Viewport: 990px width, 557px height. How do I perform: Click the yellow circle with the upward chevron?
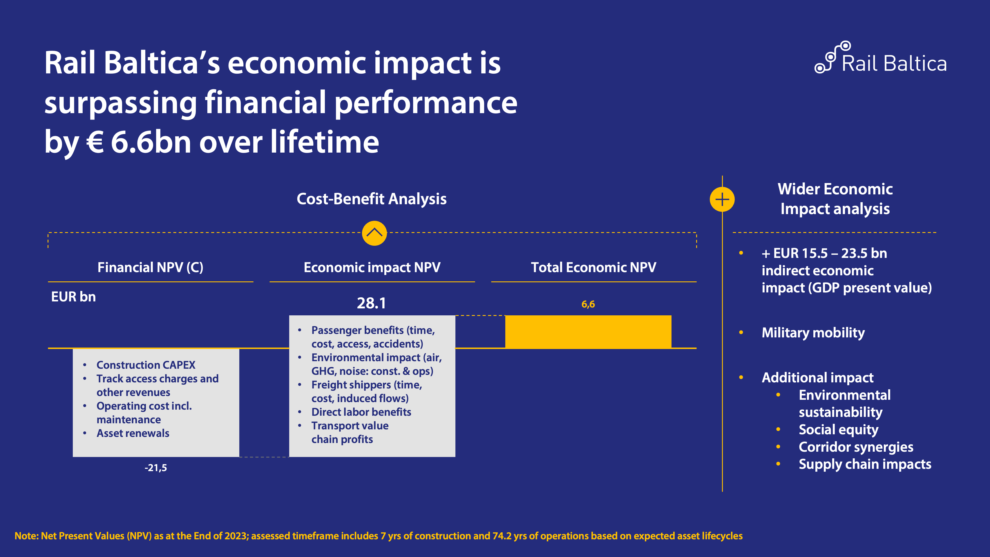(x=374, y=233)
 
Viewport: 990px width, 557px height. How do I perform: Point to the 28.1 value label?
(x=371, y=303)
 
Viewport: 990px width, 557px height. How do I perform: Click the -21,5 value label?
(x=156, y=468)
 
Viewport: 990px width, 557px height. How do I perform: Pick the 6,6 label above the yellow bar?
(x=588, y=304)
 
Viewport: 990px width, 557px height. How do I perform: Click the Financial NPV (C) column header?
(x=150, y=267)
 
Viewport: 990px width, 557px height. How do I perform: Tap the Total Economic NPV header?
(x=593, y=267)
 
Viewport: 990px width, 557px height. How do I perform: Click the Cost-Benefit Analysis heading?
(x=371, y=199)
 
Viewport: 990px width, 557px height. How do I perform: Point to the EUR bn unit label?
(x=73, y=297)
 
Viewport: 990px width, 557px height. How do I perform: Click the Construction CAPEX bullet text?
(x=146, y=365)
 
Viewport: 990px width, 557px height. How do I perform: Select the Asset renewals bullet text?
(x=133, y=433)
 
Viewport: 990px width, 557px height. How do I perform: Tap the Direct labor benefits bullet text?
(x=361, y=412)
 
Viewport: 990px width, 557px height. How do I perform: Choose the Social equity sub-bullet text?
(x=838, y=429)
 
